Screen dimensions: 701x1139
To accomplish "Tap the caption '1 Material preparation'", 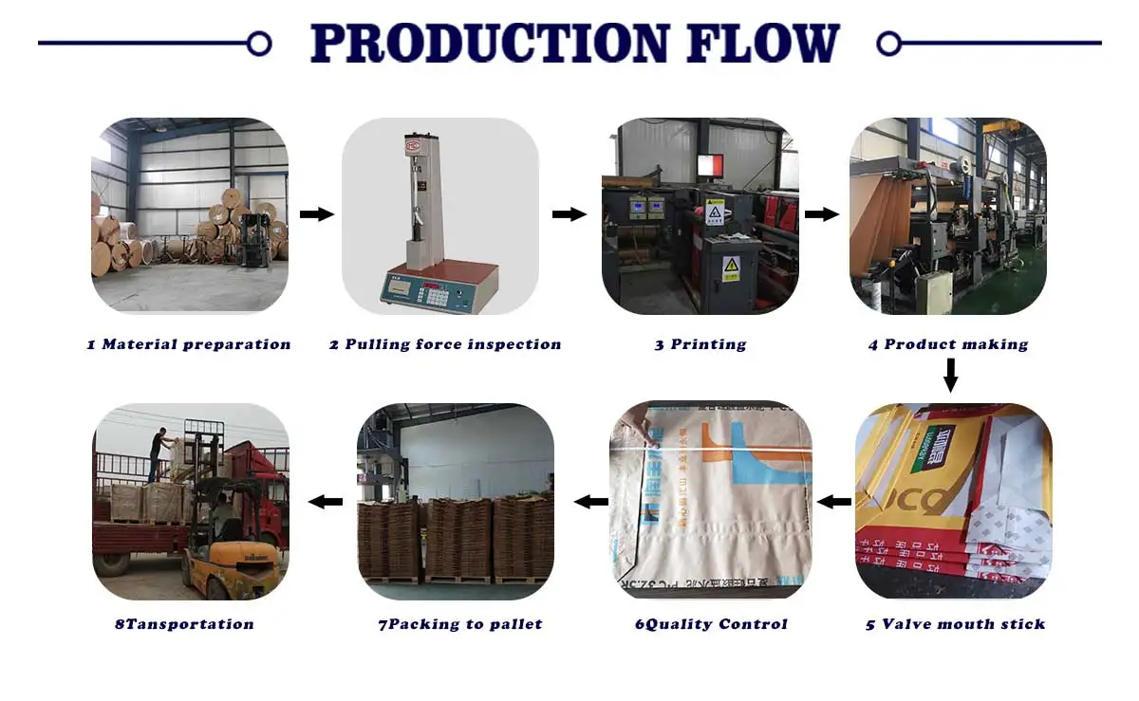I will pyautogui.click(x=189, y=344).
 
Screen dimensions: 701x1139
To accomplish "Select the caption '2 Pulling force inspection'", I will pyautogui.click(x=445, y=344).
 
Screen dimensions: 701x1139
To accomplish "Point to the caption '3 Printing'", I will pyautogui.click(x=700, y=344).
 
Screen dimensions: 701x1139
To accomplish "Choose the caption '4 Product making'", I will pyautogui.click(x=948, y=344).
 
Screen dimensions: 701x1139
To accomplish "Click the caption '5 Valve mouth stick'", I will pyautogui.click(x=955, y=624).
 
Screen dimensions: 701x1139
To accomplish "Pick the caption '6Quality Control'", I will pyautogui.click(x=711, y=624).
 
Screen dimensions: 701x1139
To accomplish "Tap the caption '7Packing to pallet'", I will pyautogui.click(x=460, y=624).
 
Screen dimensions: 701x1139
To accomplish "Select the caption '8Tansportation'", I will pyautogui.click(x=184, y=624).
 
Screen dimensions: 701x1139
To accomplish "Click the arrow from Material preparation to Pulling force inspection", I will pyautogui.click(x=316, y=214).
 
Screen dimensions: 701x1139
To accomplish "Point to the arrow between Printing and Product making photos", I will pyautogui.click(x=821, y=214).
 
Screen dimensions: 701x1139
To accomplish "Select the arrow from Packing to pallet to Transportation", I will pyautogui.click(x=326, y=501).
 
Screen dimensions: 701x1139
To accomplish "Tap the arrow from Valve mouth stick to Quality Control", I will pyautogui.click(x=834, y=501).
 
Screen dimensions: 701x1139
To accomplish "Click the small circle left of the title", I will pyautogui.click(x=258, y=43).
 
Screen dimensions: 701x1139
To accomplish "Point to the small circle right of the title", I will pyautogui.click(x=888, y=43).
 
